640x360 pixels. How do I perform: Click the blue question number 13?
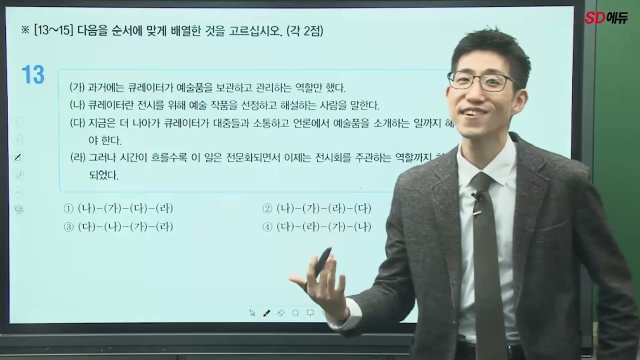click(x=33, y=75)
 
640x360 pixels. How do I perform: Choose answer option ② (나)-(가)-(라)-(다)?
click(x=317, y=209)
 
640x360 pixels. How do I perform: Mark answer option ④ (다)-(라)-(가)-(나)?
click(x=317, y=227)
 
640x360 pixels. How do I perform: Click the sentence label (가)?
click(x=77, y=88)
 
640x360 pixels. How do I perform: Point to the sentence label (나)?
click(x=77, y=105)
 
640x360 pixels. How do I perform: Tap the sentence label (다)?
click(x=77, y=123)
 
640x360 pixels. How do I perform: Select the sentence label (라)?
click(x=77, y=158)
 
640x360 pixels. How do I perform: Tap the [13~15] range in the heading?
click(x=52, y=31)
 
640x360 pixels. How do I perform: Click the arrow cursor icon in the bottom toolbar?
click(x=252, y=313)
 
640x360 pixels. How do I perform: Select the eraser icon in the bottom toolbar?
click(x=281, y=313)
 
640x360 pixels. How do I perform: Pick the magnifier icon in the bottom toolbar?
click(x=295, y=313)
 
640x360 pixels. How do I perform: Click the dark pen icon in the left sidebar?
click(x=18, y=157)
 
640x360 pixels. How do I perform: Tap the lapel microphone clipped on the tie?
click(x=477, y=196)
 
